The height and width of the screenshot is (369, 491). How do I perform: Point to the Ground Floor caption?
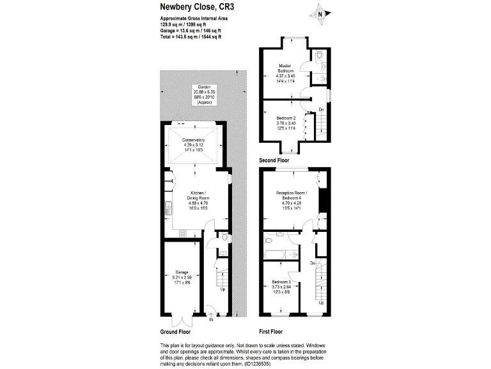[x=175, y=332]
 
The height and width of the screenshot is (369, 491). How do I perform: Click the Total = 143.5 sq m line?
[x=191, y=37]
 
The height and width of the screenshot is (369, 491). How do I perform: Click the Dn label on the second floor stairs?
[x=320, y=110]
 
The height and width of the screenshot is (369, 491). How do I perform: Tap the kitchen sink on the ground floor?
[x=167, y=208]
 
